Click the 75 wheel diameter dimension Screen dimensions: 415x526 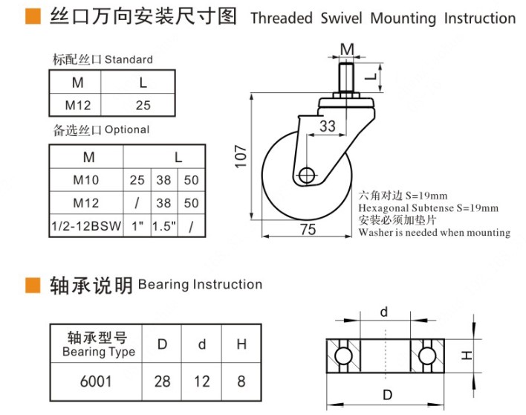(308, 230)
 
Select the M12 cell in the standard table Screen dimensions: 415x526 (77, 105)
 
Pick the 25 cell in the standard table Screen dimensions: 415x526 (143, 105)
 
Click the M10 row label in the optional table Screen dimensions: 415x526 (86, 180)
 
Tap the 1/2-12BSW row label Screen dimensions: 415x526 (86, 225)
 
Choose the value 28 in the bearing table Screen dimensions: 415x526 (162, 382)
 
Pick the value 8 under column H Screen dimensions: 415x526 (240, 382)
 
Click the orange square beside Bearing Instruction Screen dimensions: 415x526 (33, 285)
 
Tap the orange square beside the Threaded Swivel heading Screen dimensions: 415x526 (33, 17)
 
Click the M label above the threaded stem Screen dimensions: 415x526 (347, 49)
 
